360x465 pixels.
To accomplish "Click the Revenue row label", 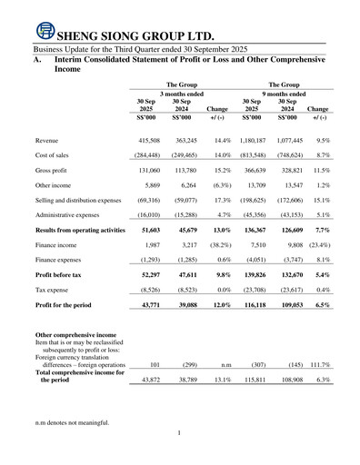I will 49,143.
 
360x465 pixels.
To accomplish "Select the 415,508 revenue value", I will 145,143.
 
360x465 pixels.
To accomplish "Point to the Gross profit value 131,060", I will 145,171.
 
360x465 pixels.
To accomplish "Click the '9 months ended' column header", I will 286,93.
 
